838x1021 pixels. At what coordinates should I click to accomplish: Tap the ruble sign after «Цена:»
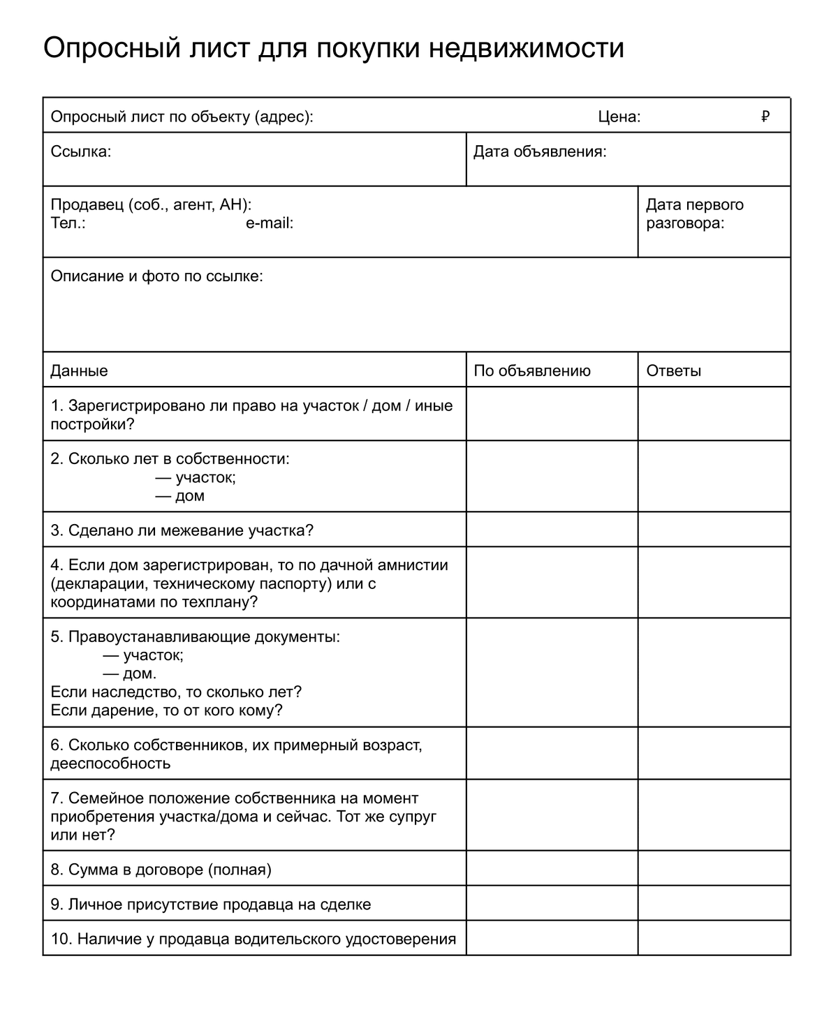tap(765, 117)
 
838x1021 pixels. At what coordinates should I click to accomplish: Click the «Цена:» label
tap(619, 117)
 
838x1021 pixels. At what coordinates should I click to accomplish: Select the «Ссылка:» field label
tap(80, 151)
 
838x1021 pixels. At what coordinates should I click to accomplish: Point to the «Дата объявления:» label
tap(539, 151)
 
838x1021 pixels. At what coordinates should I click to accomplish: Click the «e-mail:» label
tap(269, 223)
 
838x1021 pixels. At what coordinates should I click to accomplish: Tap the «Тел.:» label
tap(68, 223)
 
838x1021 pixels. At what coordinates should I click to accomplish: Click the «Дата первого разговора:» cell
tap(714, 222)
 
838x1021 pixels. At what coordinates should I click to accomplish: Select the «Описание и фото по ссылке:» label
tap(156, 276)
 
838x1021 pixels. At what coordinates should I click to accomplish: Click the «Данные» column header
tap(79, 371)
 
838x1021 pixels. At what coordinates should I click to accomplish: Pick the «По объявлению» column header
tap(531, 371)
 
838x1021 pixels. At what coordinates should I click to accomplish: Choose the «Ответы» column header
tap(673, 371)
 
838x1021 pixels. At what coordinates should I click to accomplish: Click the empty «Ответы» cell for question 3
tap(714, 530)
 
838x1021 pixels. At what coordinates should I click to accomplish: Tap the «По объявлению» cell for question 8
tap(552, 869)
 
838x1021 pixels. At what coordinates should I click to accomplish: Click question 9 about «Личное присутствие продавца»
tap(211, 904)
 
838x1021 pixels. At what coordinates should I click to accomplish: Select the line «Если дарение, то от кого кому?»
tap(166, 710)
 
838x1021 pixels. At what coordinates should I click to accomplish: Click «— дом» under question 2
tap(179, 496)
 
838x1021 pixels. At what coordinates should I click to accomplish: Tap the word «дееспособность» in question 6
tap(110, 763)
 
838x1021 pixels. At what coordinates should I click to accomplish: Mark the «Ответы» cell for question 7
tap(714, 815)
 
